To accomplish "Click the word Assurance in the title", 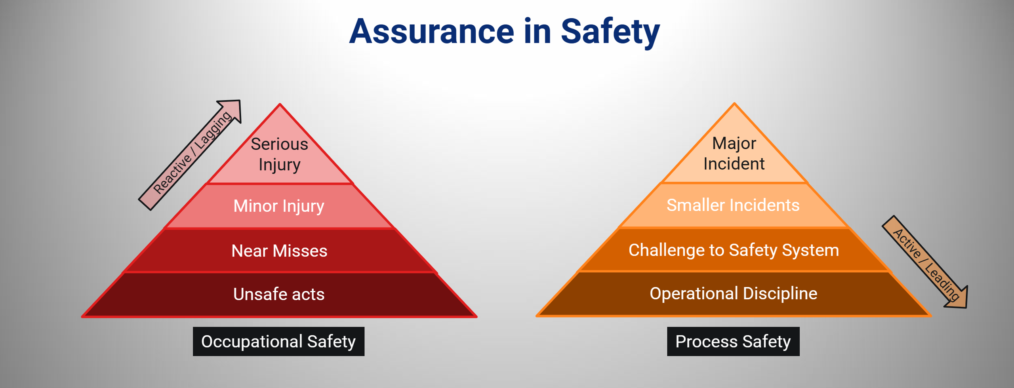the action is [432, 31].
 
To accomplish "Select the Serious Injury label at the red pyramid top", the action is [280, 154].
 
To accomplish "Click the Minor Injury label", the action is [279, 206].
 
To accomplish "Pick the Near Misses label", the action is [279, 251].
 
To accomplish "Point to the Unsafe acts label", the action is [279, 294].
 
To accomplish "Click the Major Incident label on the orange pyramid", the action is [734, 154].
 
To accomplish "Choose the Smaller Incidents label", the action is [733, 205].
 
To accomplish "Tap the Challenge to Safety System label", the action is [734, 250].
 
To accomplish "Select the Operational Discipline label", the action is [734, 293].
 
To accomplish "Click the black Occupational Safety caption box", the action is [278, 341].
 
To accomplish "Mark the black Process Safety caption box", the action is [733, 341].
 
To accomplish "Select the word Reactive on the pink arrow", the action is [172, 174].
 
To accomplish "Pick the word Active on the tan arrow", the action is [907, 244].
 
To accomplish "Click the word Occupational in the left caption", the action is [252, 342].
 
